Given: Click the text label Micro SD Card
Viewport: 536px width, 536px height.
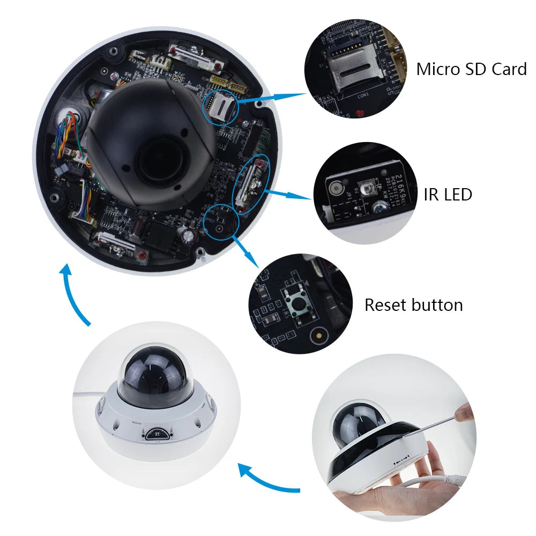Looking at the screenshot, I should (471, 69).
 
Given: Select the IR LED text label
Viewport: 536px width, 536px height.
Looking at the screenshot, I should (448, 194).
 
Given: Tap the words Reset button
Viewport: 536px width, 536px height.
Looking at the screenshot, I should (413, 305).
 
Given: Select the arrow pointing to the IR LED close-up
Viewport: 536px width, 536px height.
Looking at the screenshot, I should (289, 194).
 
